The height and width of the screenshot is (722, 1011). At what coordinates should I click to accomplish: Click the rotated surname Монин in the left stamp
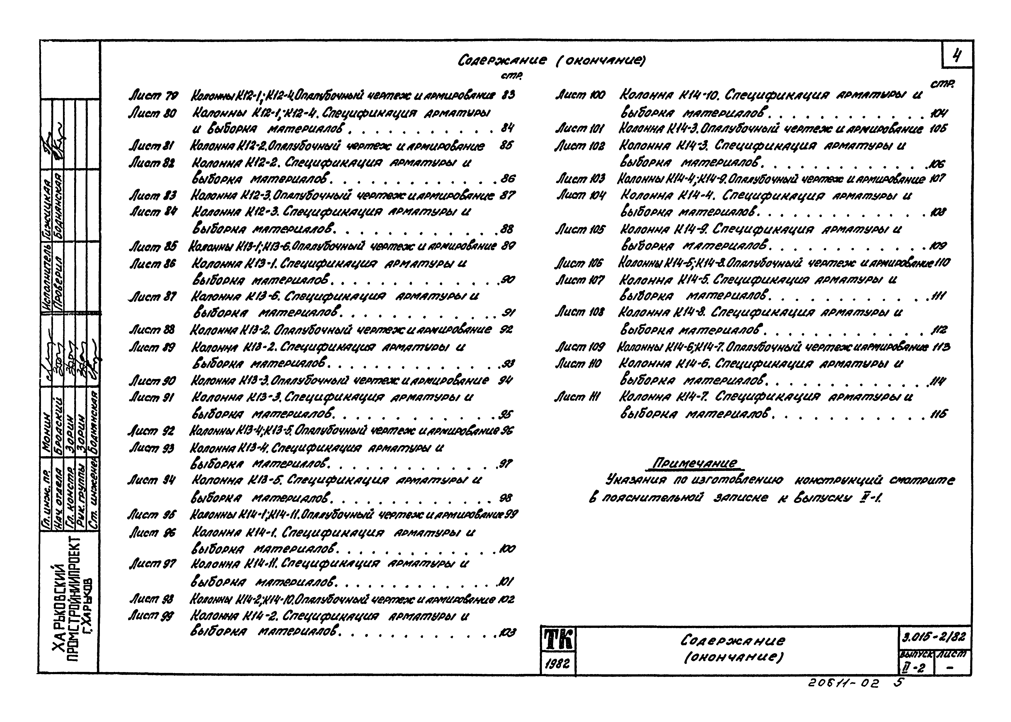tap(47, 422)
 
